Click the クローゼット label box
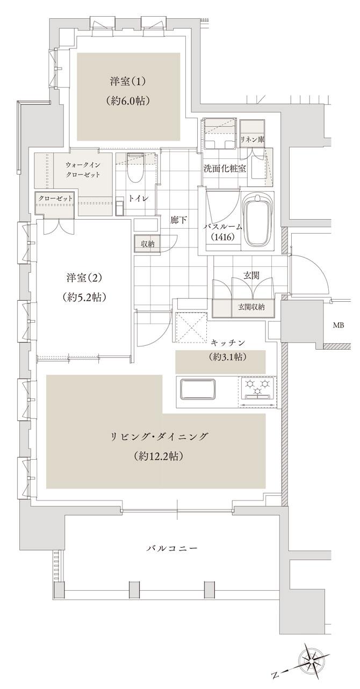pyautogui.click(x=55, y=198)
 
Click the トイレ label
pyautogui.click(x=141, y=198)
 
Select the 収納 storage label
pyautogui.click(x=147, y=244)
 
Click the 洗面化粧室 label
pyautogui.click(x=225, y=168)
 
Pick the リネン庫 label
pyautogui.click(x=253, y=139)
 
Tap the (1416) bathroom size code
pyautogui.click(x=221, y=236)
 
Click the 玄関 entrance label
pyautogui.click(x=251, y=275)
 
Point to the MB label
pyautogui.click(x=339, y=325)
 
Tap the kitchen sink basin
pyautogui.click(x=198, y=389)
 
